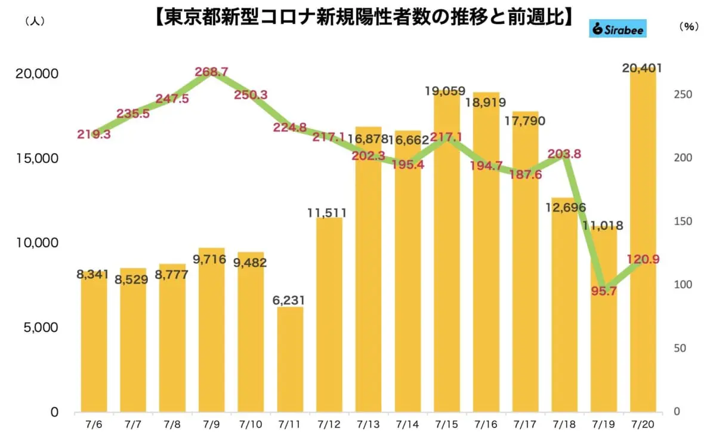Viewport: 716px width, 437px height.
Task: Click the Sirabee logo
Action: [618, 28]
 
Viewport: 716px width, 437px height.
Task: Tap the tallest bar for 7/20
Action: [643, 239]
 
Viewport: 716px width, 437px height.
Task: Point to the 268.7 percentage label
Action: [211, 72]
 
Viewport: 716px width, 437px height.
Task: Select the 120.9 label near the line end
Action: [643, 259]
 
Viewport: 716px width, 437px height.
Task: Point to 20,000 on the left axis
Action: [35, 74]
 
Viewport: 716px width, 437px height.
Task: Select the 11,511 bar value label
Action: [330, 213]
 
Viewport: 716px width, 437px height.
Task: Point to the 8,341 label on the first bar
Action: [94, 275]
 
